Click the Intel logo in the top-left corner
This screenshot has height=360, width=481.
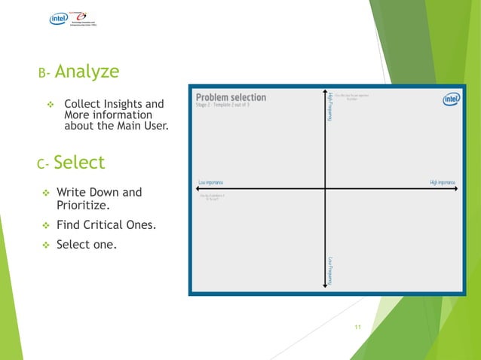point(59,19)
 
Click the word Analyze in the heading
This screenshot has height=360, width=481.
point(87,72)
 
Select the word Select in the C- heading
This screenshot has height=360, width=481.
point(79,162)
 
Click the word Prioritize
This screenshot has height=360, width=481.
point(83,204)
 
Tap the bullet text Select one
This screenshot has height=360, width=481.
point(87,244)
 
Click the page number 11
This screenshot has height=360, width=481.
point(358,327)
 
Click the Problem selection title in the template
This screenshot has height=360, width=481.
point(231,97)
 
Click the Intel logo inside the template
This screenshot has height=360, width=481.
point(451,99)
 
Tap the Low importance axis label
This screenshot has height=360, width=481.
point(210,182)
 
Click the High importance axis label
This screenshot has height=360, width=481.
point(442,182)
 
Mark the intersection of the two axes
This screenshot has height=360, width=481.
point(325,189)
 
